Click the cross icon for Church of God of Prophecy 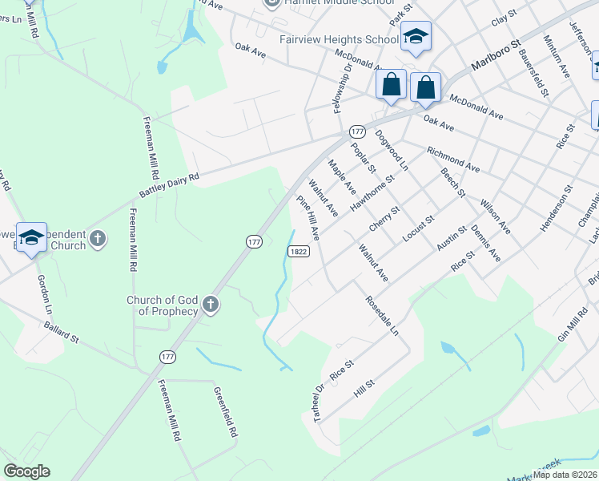click(x=210, y=304)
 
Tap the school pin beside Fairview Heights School click(x=416, y=36)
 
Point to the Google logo click(x=26, y=471)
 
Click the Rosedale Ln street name click(x=381, y=317)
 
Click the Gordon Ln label click(x=44, y=294)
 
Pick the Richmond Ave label click(x=452, y=160)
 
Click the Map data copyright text click(x=565, y=475)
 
